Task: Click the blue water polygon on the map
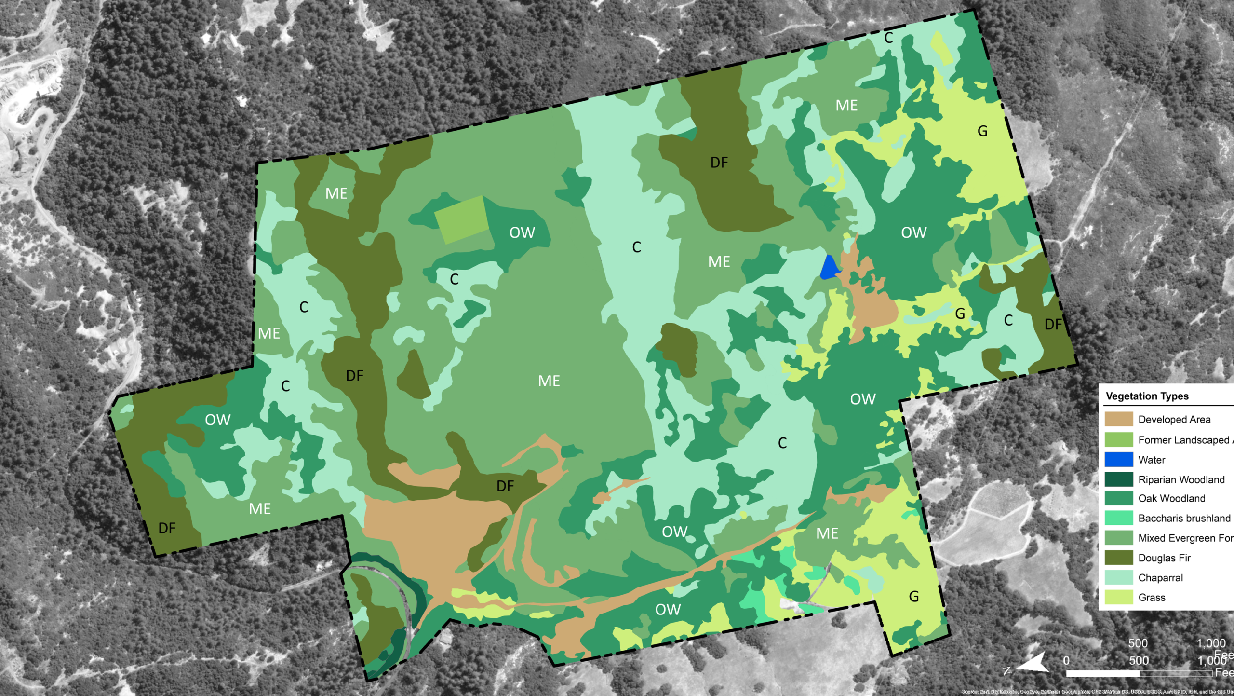click(829, 268)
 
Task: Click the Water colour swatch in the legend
click(1118, 460)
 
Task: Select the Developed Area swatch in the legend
click(1118, 419)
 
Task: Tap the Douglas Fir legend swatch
click(1118, 558)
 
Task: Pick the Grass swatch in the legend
click(1118, 597)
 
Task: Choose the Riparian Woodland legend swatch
click(1118, 479)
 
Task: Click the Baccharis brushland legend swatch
click(1118, 518)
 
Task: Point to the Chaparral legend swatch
click(1118, 577)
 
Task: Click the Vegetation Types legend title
click(1147, 396)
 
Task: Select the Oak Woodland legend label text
click(1171, 498)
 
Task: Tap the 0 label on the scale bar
click(1066, 660)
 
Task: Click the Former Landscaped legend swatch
click(1118, 439)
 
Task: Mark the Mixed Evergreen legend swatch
click(1118, 538)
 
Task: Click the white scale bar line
click(1138, 673)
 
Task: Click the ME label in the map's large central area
click(549, 381)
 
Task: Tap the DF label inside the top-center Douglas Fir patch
click(719, 163)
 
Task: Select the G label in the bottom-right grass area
click(913, 597)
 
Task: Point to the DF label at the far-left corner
click(167, 528)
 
